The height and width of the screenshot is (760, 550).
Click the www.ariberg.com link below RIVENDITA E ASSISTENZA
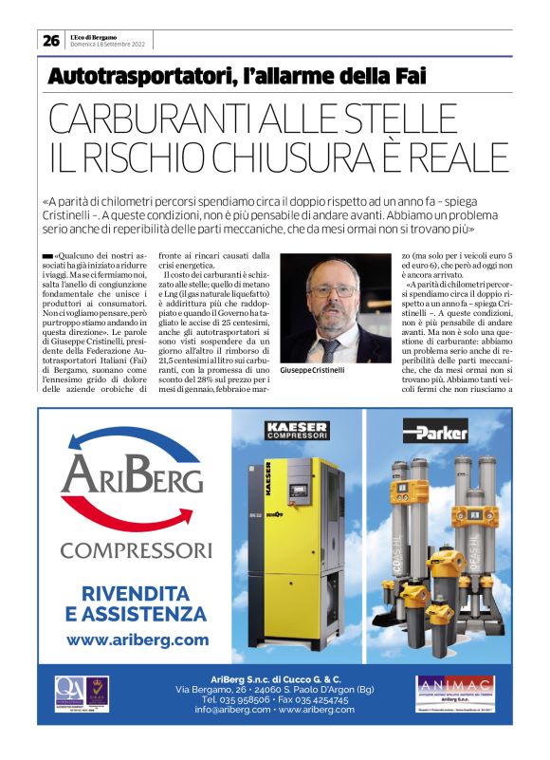tap(137, 640)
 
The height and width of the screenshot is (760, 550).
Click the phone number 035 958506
tap(234, 699)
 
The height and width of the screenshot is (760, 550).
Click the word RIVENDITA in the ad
tap(137, 593)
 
